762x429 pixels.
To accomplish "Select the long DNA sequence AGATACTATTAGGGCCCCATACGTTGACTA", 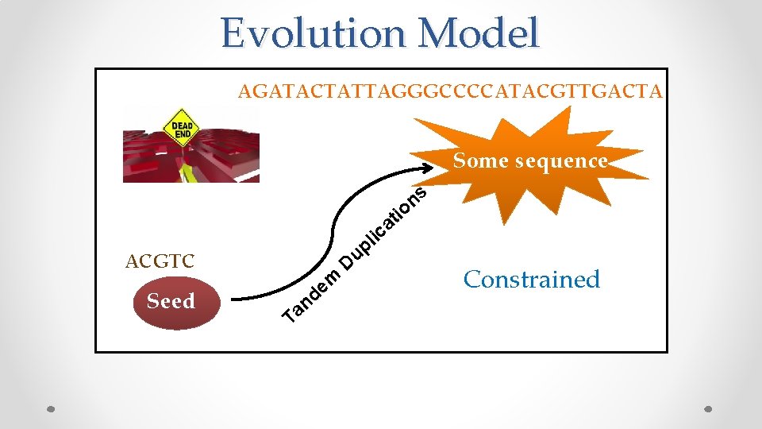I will tap(450, 92).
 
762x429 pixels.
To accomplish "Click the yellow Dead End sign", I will tap(181, 129).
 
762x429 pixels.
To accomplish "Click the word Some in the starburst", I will tap(481, 161).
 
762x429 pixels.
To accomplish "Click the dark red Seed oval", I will tap(171, 302).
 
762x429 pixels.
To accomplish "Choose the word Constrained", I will tap(532, 280).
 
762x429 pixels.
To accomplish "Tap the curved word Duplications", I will tap(384, 227).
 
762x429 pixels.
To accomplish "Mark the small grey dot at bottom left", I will tap(51, 409).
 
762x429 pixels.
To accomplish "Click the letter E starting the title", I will tap(235, 34).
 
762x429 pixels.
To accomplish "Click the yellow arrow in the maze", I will tap(188, 171).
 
